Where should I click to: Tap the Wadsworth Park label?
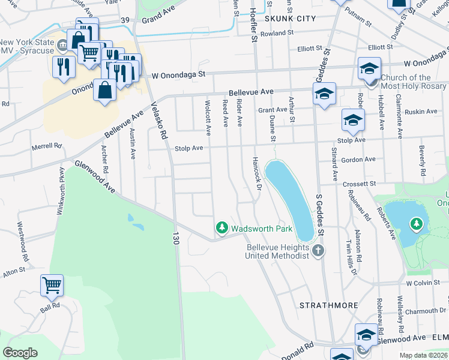pos(262,229)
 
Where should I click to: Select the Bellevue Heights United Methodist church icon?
pos(318,250)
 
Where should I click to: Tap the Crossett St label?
pos(359,184)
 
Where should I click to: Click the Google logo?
pos(20,353)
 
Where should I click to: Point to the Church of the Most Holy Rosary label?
pos(406,82)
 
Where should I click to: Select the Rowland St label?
pos(273,34)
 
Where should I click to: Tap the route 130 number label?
pos(176,238)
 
